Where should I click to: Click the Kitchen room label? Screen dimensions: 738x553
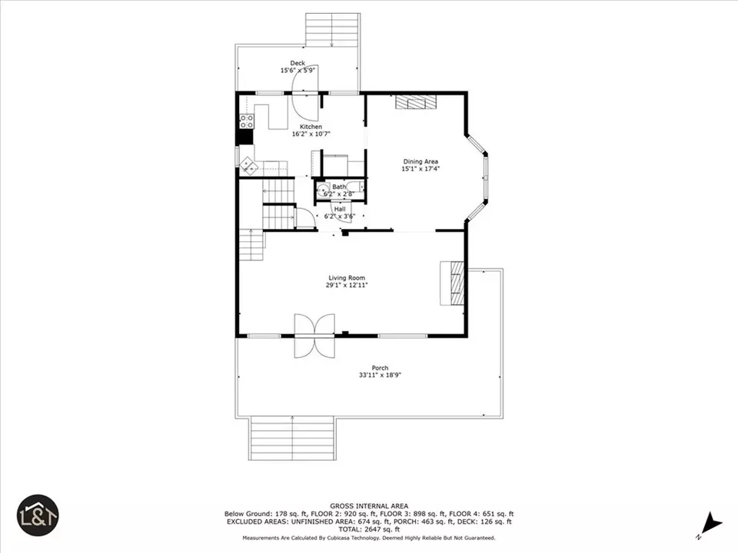(311, 127)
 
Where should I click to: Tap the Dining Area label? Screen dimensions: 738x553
(421, 162)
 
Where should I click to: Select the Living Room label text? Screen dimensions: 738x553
(347, 278)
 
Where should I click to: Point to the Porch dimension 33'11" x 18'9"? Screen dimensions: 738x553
(380, 376)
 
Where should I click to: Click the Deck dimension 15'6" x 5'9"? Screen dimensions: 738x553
(298, 71)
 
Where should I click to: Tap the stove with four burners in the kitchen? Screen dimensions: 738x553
(247, 121)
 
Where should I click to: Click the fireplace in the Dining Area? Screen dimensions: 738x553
(415, 102)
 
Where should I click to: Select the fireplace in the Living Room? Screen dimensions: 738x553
(453, 283)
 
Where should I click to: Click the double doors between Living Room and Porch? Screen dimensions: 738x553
(315, 336)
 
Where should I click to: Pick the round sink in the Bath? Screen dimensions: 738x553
(323, 191)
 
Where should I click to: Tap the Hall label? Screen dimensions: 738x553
(340, 209)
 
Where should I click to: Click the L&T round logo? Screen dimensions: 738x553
(38, 515)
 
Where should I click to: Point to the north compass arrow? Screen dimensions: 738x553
(712, 525)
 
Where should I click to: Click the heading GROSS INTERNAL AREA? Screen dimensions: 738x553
(369, 506)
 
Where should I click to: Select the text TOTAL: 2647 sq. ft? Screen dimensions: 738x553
(369, 529)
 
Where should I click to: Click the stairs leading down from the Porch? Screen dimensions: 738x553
(293, 439)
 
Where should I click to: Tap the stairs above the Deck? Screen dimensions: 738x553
(333, 30)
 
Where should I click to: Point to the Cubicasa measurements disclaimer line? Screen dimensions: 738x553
(369, 538)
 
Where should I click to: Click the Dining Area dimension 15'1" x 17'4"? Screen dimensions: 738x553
(421, 169)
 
